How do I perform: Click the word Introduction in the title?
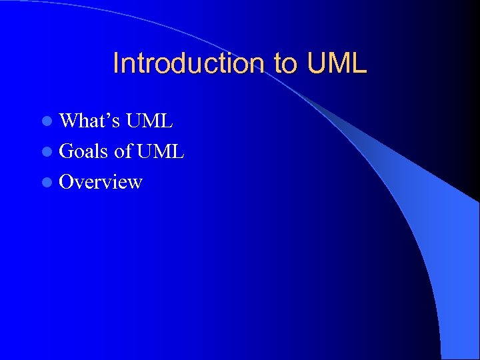pos(189,63)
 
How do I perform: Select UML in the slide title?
pos(337,63)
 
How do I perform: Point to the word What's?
pos(89,121)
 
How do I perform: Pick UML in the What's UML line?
pos(149,121)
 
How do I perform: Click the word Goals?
pos(85,151)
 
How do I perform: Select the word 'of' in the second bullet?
pos(123,151)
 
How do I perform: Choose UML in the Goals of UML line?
pos(160,151)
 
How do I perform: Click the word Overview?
pos(101,182)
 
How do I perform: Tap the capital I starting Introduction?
pos(116,63)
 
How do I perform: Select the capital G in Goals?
pos(67,151)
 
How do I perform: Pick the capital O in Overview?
pos(67,182)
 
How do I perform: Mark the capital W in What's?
pos(69,121)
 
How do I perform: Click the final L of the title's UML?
pos(360,63)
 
